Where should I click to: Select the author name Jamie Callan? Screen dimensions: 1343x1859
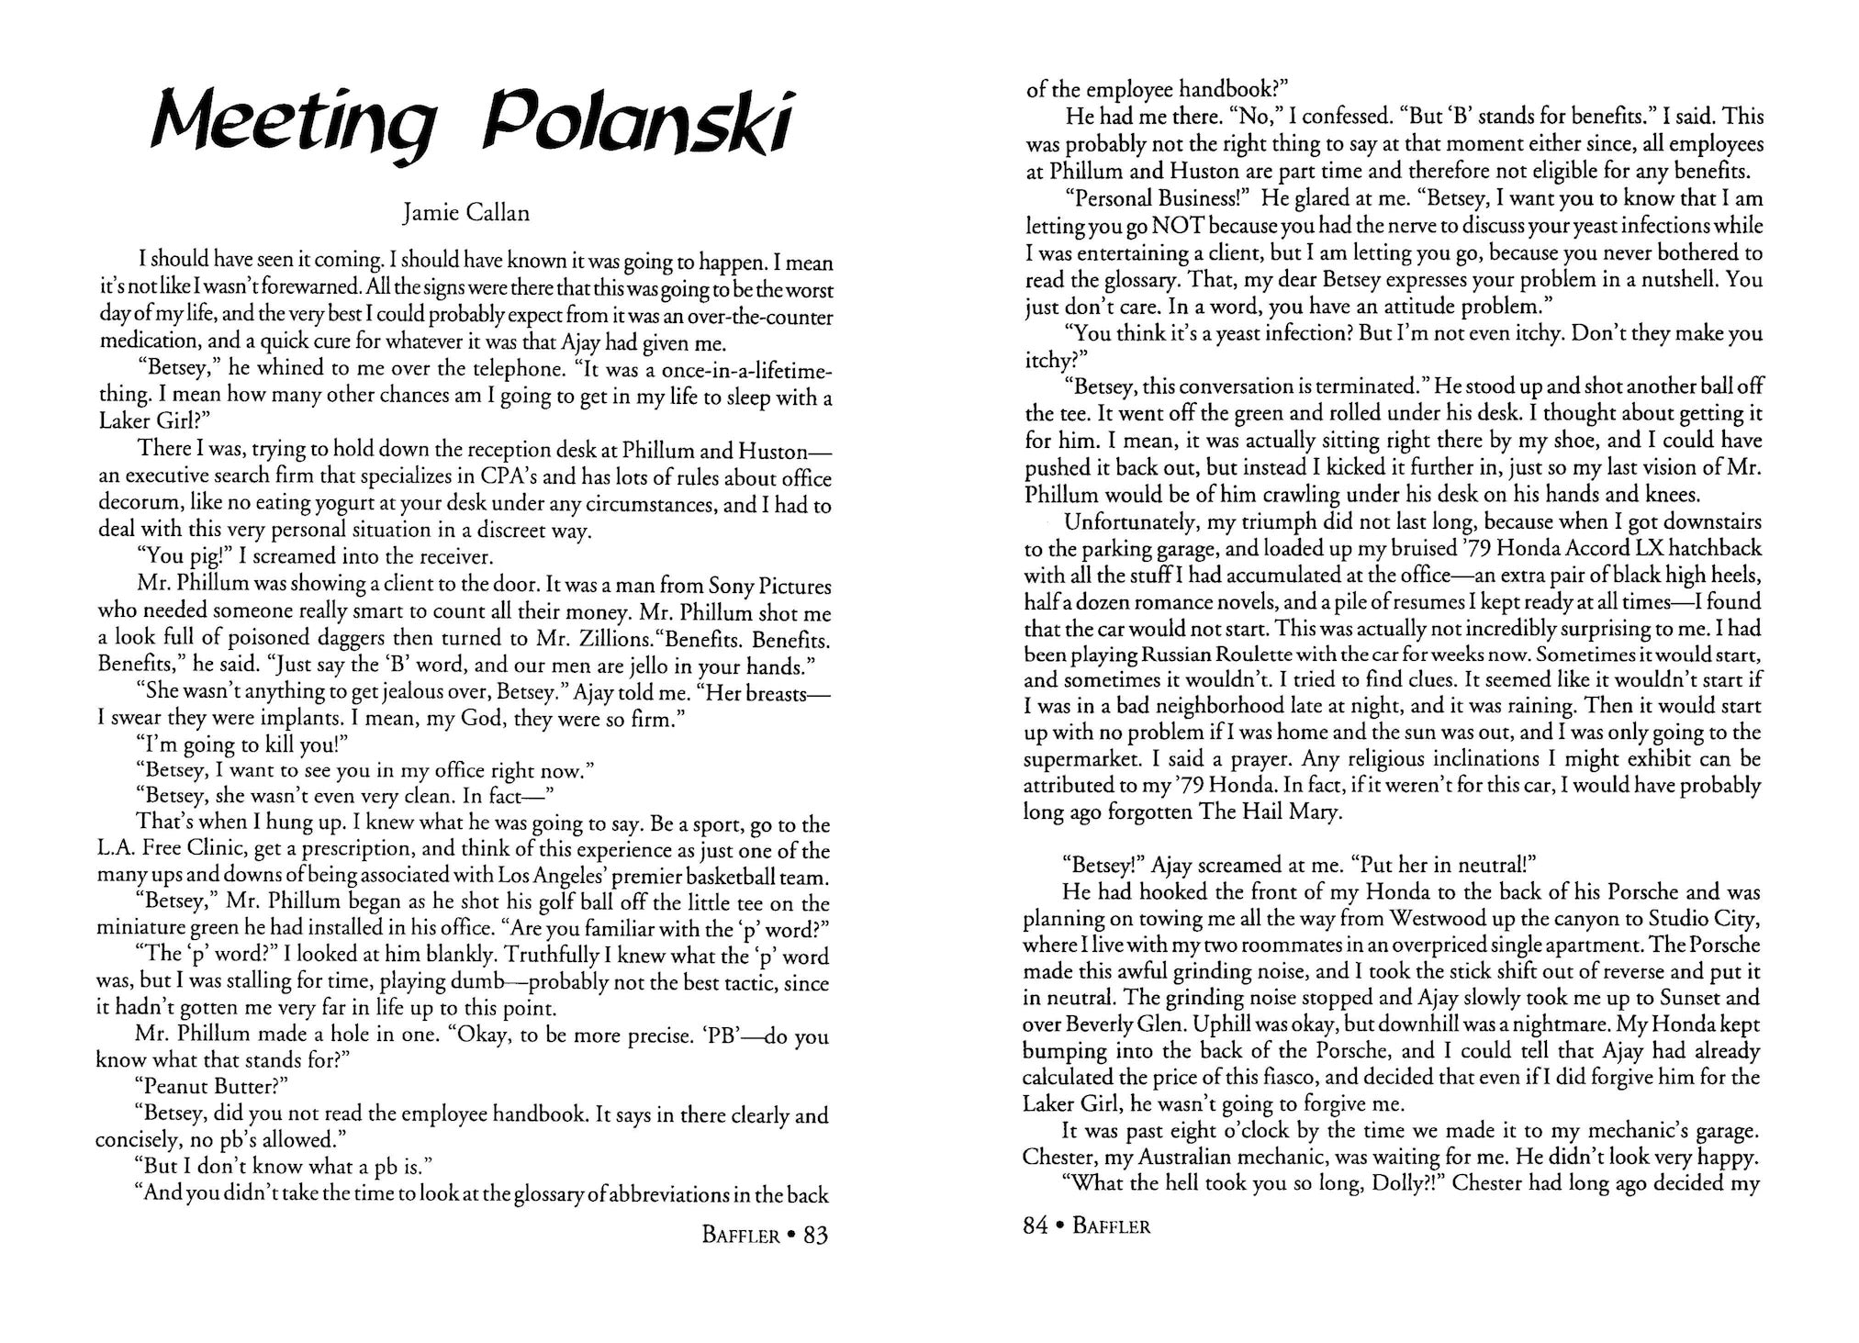(466, 214)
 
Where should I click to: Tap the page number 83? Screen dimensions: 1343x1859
(815, 1236)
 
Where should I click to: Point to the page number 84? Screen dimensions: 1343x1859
(1036, 1225)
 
